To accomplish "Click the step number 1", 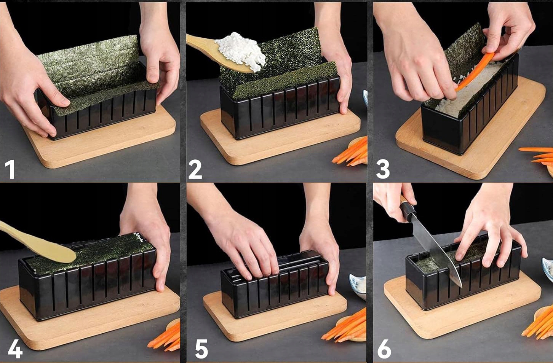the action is click(x=10, y=169).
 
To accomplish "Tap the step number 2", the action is click(x=195, y=169).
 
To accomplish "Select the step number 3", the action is click(x=383, y=169).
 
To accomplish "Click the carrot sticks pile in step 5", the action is click(x=344, y=325).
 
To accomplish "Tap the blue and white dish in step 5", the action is click(x=358, y=286).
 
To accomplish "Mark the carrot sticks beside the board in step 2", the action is click(x=350, y=152).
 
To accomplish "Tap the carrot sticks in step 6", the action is click(x=538, y=323).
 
